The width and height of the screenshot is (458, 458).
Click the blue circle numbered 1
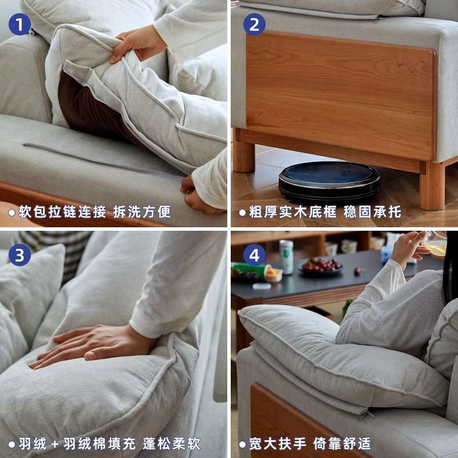coord(19,25)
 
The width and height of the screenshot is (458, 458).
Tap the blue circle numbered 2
coord(254,25)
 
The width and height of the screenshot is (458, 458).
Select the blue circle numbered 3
coord(19,255)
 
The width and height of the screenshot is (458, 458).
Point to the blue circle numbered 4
coord(254,255)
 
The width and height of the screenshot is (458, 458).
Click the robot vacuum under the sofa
coord(329,181)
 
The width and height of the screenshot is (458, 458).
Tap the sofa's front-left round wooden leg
coord(244,155)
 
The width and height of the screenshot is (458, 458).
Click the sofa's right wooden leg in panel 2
coord(432,186)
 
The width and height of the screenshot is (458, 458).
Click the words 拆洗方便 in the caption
coord(142,212)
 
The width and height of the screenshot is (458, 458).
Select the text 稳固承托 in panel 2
coord(372,212)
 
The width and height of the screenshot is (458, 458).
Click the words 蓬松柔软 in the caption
coord(171,444)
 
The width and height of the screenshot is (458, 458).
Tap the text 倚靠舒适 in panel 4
coord(342,444)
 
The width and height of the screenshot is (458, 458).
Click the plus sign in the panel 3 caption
coord(55,444)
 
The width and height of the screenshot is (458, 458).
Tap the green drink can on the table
coord(286,257)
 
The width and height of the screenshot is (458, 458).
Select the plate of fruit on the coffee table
coord(321,266)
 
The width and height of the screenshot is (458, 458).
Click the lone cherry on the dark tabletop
coord(357,271)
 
